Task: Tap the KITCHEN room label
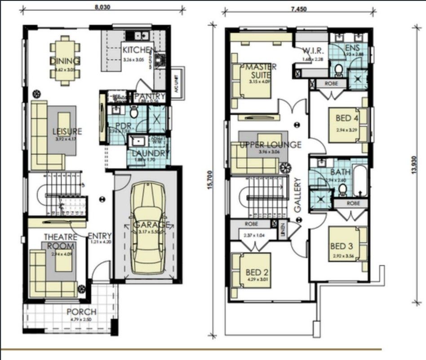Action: (139, 50)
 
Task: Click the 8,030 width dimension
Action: (102, 7)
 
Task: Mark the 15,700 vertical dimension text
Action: (209, 180)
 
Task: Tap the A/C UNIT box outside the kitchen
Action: (178, 81)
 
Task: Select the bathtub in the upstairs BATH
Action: (361, 181)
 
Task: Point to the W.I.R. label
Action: (311, 50)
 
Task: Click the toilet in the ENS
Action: (339, 70)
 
